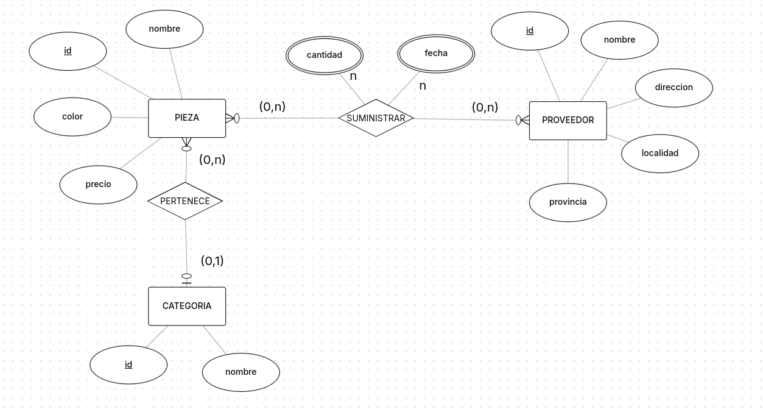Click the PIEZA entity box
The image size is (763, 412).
tap(187, 118)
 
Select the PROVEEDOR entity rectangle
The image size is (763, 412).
tap(568, 121)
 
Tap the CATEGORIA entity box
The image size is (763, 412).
tap(187, 306)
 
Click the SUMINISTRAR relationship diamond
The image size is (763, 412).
tap(376, 118)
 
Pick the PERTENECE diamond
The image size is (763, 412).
tap(185, 201)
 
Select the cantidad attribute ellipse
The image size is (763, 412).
tap(325, 55)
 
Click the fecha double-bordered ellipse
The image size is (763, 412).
tap(436, 54)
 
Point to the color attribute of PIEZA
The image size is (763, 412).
tap(72, 116)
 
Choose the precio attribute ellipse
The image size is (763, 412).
tap(98, 184)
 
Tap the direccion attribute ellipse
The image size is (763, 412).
tap(673, 88)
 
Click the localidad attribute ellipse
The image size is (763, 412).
tap(659, 154)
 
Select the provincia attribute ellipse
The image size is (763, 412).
tap(568, 202)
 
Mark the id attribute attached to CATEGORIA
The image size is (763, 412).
tap(128, 364)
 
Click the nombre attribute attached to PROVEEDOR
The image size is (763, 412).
tap(619, 40)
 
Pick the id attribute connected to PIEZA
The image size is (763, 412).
tap(68, 51)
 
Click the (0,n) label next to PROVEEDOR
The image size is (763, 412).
tap(485, 107)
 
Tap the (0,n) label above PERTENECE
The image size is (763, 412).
tap(212, 160)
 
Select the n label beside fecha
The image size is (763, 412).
tap(423, 86)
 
